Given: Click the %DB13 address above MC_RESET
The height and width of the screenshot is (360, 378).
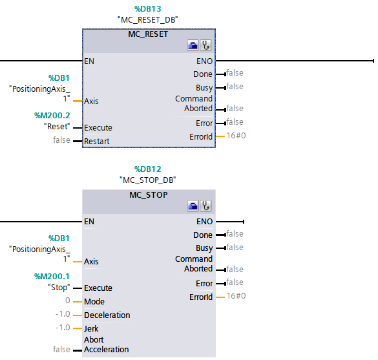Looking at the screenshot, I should (148, 8).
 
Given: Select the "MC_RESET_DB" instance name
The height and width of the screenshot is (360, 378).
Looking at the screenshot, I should (148, 19).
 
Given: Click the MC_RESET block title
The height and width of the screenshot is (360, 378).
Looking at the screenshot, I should (148, 34).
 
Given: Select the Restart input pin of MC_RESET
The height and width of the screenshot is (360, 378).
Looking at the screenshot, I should (97, 141).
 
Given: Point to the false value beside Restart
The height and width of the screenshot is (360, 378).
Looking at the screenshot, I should (62, 140).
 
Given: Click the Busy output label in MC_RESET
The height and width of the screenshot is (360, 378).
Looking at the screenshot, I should (204, 87).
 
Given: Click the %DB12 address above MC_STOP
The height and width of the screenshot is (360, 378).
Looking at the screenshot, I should (148, 169).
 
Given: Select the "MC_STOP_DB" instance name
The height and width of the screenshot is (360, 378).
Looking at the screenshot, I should (148, 180).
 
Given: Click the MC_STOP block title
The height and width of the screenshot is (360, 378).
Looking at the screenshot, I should (148, 195).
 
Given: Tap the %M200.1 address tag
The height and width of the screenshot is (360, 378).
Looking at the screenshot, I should (53, 276).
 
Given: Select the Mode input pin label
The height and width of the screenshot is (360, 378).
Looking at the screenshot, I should (94, 302).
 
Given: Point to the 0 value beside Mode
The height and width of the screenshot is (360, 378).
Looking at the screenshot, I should (68, 301).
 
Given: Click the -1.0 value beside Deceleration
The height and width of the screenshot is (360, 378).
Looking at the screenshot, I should (62, 315).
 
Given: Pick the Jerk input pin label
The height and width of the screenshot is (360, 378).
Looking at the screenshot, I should (92, 328).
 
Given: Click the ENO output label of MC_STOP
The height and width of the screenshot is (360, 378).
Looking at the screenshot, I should (204, 222).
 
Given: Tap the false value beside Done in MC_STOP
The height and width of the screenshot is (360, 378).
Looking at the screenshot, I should (235, 234).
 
